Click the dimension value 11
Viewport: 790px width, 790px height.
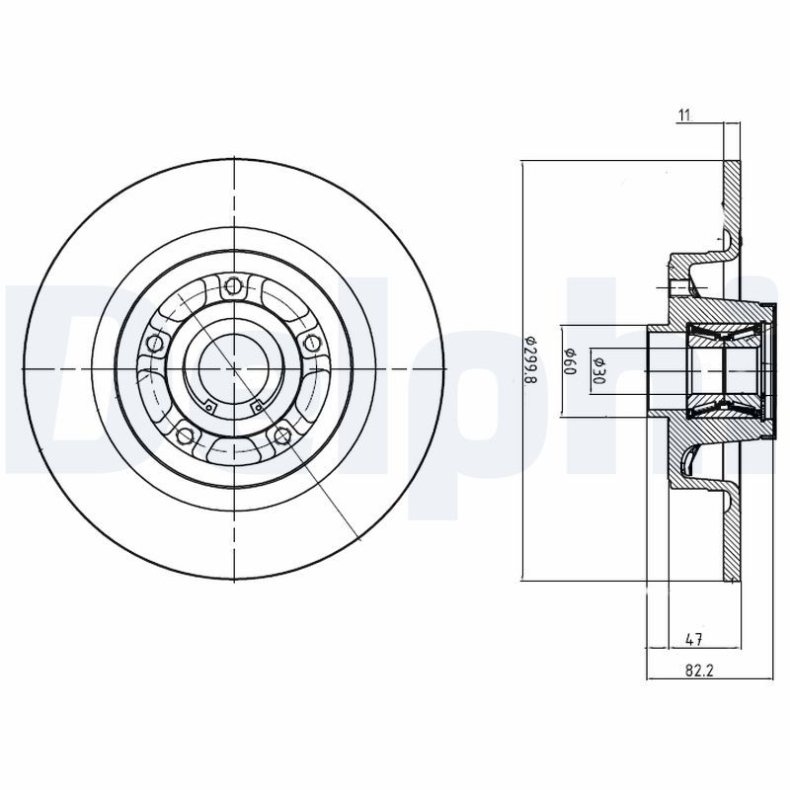(683, 116)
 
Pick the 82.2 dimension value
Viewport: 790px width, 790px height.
(699, 671)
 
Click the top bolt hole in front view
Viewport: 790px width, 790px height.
(234, 286)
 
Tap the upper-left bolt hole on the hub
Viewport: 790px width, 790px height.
(154, 343)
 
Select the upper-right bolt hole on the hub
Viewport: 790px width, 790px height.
(313, 343)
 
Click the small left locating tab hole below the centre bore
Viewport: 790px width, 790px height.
(210, 404)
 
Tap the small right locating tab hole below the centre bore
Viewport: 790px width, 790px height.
(257, 404)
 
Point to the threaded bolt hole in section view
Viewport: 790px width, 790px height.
(679, 287)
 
